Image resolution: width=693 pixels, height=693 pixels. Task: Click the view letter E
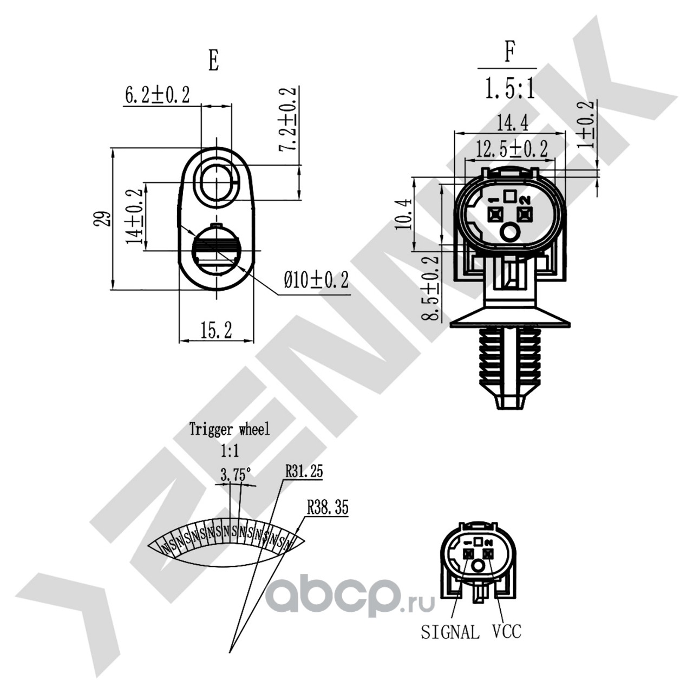coord(214,61)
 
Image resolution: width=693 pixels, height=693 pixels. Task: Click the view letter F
coord(509,53)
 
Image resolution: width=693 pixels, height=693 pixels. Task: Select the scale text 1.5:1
coord(509,88)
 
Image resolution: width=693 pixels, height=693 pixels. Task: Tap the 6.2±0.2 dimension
coord(158,95)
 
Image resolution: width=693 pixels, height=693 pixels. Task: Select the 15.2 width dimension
coord(216,330)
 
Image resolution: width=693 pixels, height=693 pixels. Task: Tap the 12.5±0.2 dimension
coord(512,148)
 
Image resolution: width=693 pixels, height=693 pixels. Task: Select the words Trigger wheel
coord(229,430)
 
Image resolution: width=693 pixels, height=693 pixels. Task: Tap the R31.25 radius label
coord(304,471)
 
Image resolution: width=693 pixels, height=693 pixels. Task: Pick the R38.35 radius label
coord(327,507)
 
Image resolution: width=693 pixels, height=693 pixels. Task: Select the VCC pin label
coord(507,631)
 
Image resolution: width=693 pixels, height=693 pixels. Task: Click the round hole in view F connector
coord(509,233)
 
